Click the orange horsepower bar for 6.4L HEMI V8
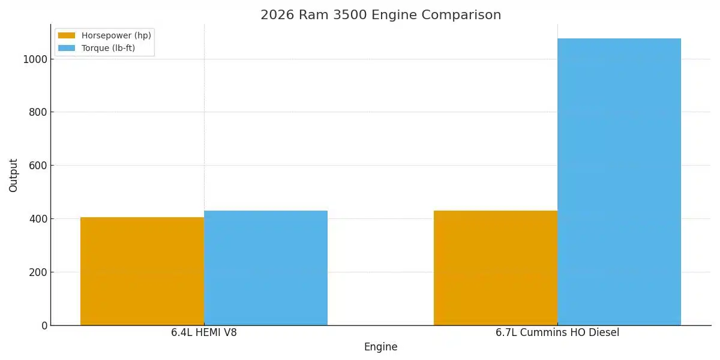142,271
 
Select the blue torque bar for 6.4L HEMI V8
266,268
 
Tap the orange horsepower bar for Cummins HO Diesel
496,268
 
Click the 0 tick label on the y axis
44,326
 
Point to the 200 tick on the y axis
39,272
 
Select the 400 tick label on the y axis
39,219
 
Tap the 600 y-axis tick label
39,166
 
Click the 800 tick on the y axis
39,112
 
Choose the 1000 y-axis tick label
37,59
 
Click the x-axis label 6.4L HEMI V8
204,332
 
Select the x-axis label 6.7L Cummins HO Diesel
557,332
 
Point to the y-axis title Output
14,175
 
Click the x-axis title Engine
380,347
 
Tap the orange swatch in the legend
67,35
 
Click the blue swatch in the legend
67,48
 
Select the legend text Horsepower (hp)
116,35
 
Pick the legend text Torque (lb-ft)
108,48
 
